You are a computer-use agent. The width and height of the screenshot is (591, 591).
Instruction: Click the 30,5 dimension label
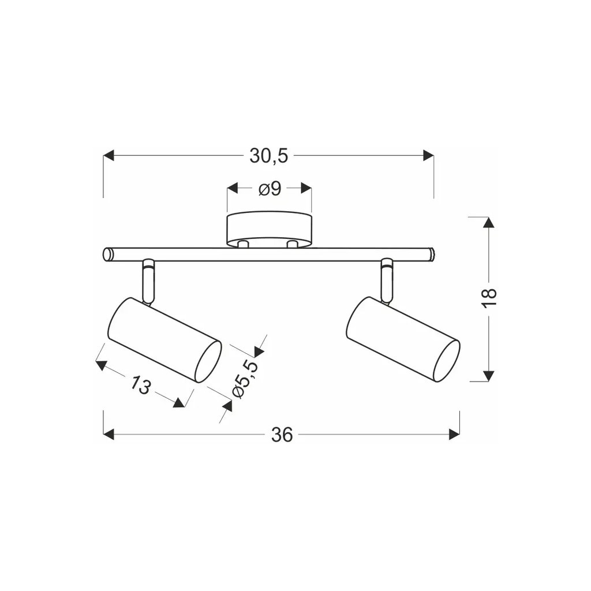[268, 156]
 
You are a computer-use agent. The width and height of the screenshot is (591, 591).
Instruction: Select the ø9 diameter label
[270, 189]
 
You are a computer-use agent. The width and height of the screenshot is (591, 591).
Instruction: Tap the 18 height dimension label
[489, 298]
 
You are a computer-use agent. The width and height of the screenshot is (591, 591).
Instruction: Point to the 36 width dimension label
[282, 435]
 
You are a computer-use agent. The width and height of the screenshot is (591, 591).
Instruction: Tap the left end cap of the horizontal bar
[107, 255]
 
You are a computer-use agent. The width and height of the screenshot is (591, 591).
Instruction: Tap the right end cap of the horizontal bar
[431, 255]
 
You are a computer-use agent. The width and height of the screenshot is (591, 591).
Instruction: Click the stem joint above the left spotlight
[148, 280]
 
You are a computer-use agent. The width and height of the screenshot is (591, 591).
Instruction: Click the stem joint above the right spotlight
[387, 280]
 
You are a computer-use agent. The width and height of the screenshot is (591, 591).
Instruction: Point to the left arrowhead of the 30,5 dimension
[109, 156]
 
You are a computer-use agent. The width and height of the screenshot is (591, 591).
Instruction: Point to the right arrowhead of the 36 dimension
[454, 435]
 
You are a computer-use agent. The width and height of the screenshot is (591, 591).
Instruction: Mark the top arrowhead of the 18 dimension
[489, 223]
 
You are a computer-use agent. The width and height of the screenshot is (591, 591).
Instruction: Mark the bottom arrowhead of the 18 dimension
[489, 376]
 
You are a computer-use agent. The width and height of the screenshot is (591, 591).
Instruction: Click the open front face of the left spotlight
[208, 361]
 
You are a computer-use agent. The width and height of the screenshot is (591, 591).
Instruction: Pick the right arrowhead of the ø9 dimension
[306, 189]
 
